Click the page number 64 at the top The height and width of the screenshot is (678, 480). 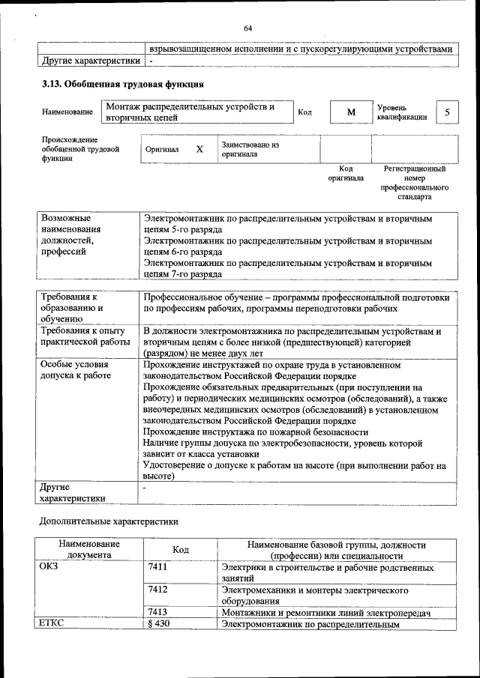[x=247, y=28]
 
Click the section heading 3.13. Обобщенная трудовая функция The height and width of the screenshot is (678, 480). [x=122, y=85]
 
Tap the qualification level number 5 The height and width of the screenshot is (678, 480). [x=447, y=112]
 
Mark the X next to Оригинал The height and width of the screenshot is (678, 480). [x=199, y=149]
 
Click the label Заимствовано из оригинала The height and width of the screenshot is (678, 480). [x=250, y=149]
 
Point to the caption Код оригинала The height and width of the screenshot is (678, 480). [x=346, y=174]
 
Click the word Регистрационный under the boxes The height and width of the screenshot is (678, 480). [x=415, y=169]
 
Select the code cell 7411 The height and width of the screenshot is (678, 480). [x=157, y=567]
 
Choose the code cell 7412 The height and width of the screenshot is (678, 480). [x=157, y=590]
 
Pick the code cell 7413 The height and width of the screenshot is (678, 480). [x=157, y=612]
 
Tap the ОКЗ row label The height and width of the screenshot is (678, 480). [x=49, y=567]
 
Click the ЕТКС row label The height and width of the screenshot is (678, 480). [x=52, y=624]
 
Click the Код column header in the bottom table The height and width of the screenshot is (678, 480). [x=181, y=550]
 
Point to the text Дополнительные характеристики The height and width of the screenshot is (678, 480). [x=109, y=521]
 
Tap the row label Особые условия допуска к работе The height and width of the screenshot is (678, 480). [x=76, y=370]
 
